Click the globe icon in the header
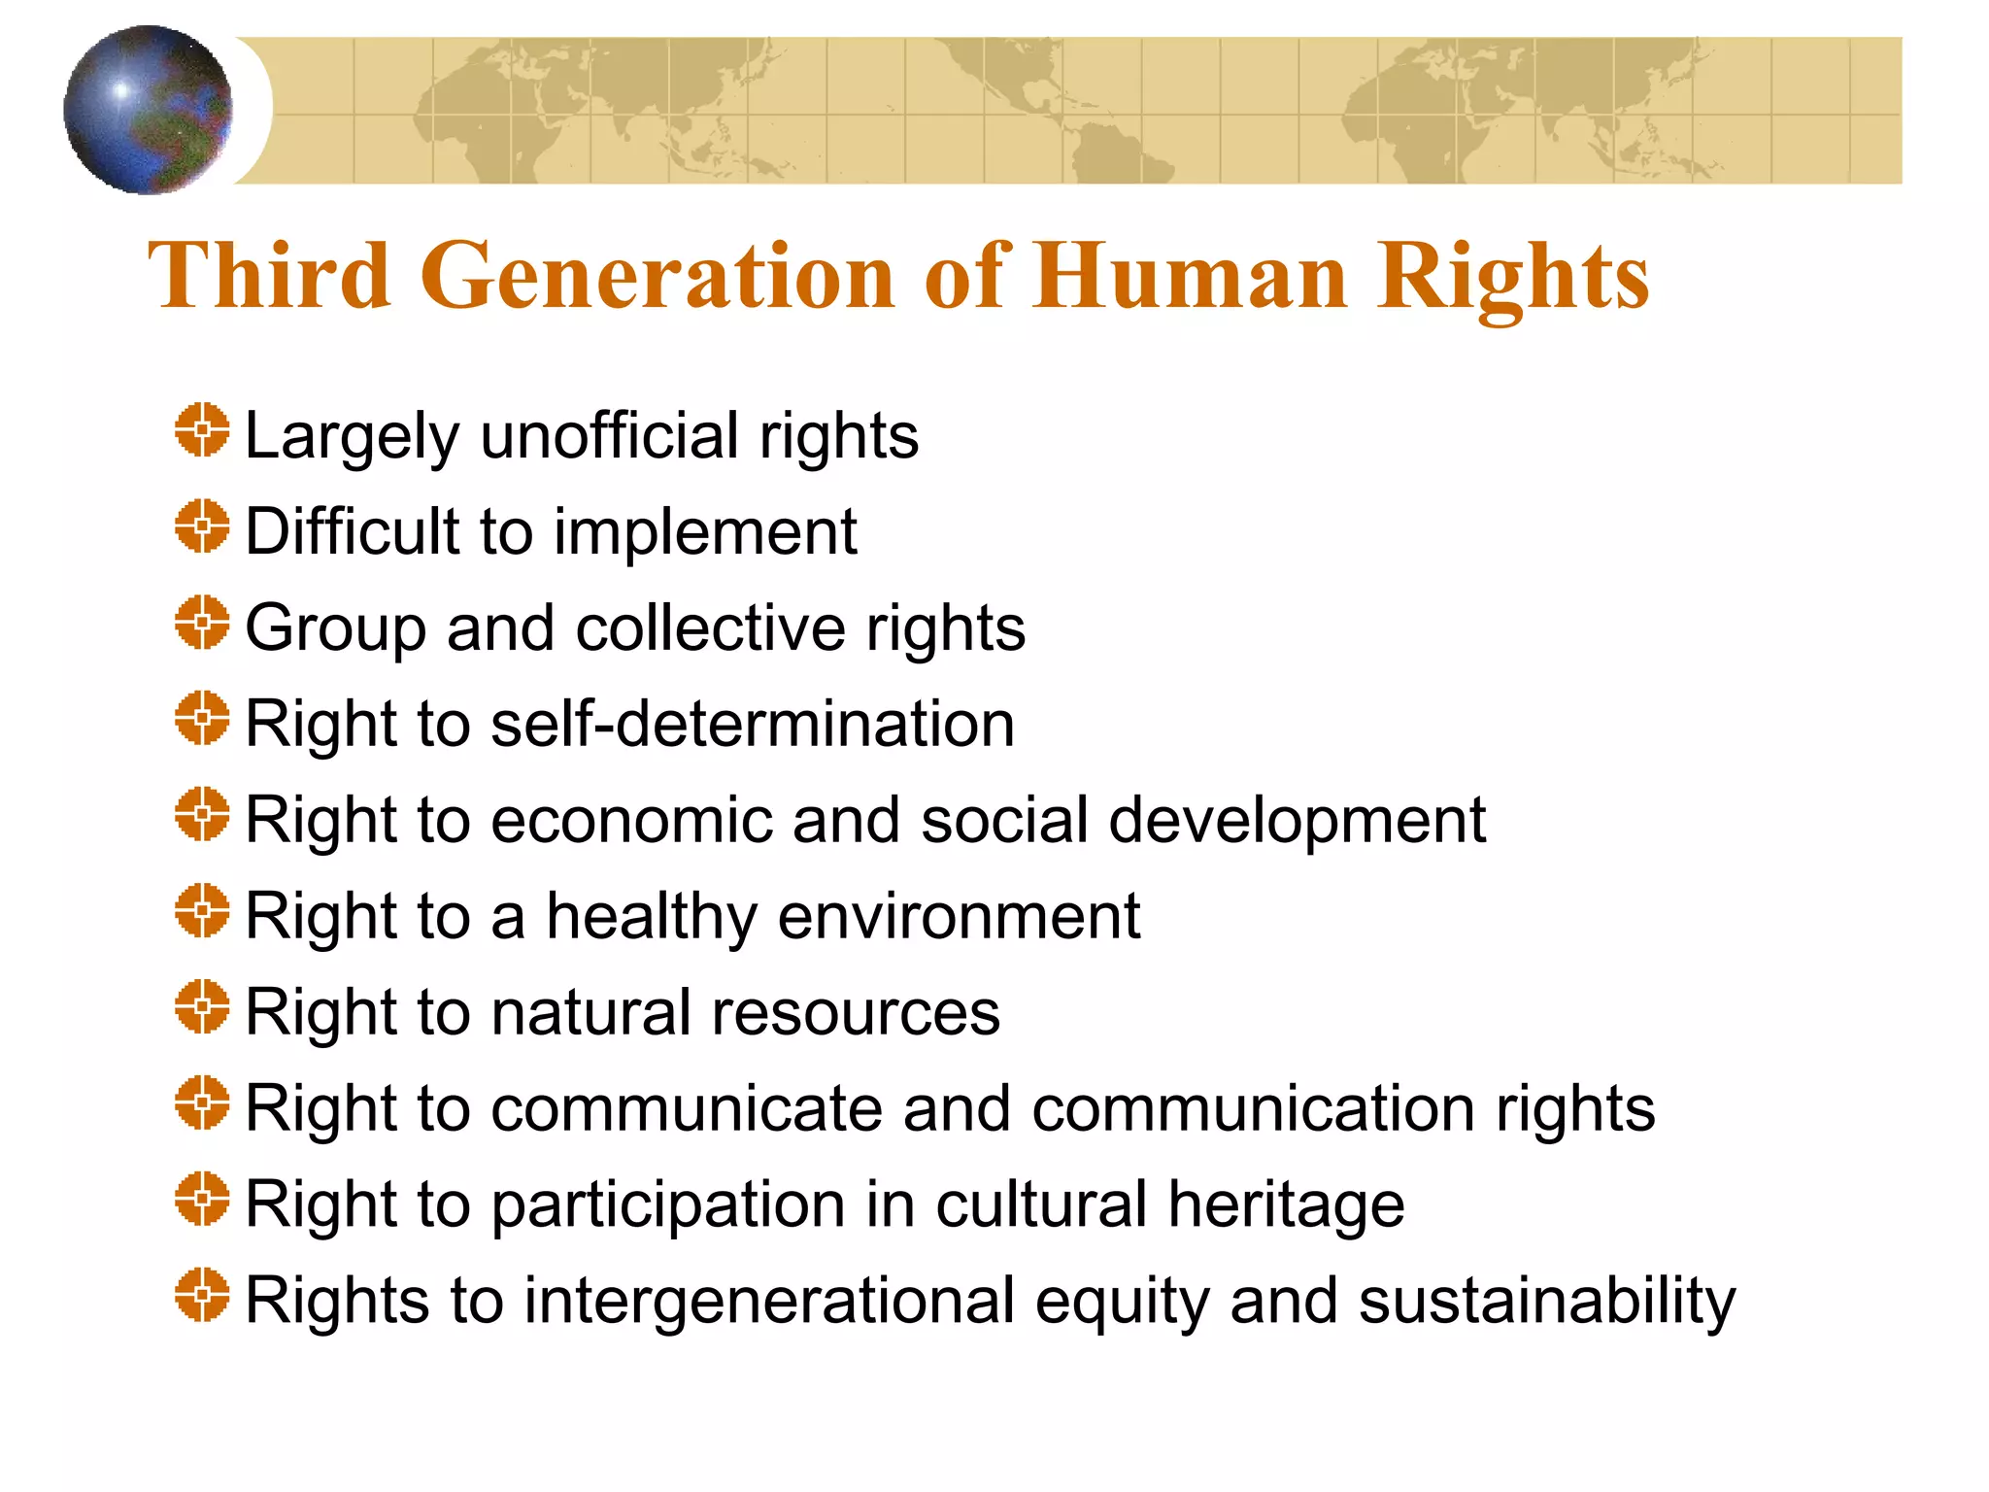[148, 110]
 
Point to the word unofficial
[610, 435]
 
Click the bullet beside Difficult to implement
[202, 526]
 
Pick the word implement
[705, 532]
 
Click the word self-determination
[753, 724]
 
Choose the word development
[1298, 822]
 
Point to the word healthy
[652, 917]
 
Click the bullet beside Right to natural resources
[202, 1006]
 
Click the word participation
[668, 1205]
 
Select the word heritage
[1286, 1205]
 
